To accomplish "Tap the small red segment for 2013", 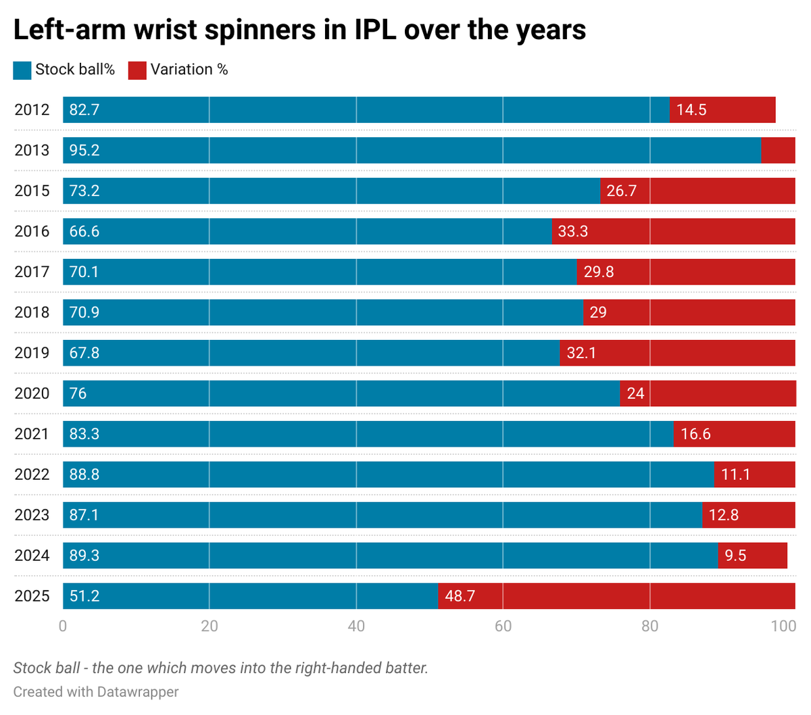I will pos(778,150).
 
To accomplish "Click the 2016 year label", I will pos(32,231).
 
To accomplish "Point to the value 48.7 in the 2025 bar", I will pos(460,596).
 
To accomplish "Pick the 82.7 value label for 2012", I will pos(84,109).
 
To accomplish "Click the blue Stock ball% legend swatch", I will pos(22,70).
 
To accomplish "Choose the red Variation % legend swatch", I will pos(137,70).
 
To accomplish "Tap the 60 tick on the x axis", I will pos(503,626).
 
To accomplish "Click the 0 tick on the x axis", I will pos(63,626).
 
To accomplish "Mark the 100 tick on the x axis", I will pos(783,626).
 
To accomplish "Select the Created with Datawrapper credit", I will pos(96,692).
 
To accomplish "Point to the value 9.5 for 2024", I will pos(735,556).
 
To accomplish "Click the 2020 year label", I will pos(32,393).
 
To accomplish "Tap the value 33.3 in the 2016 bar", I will pos(572,231).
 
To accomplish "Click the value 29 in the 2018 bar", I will pos(597,312).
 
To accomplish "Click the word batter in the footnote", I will pos(404,668).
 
